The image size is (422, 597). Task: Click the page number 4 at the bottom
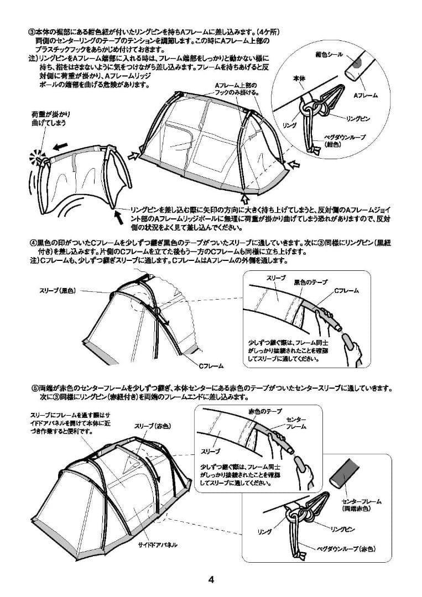click(211, 580)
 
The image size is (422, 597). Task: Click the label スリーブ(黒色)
click(57, 290)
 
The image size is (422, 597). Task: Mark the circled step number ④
click(33, 242)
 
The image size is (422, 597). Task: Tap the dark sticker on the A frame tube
click(356, 62)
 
